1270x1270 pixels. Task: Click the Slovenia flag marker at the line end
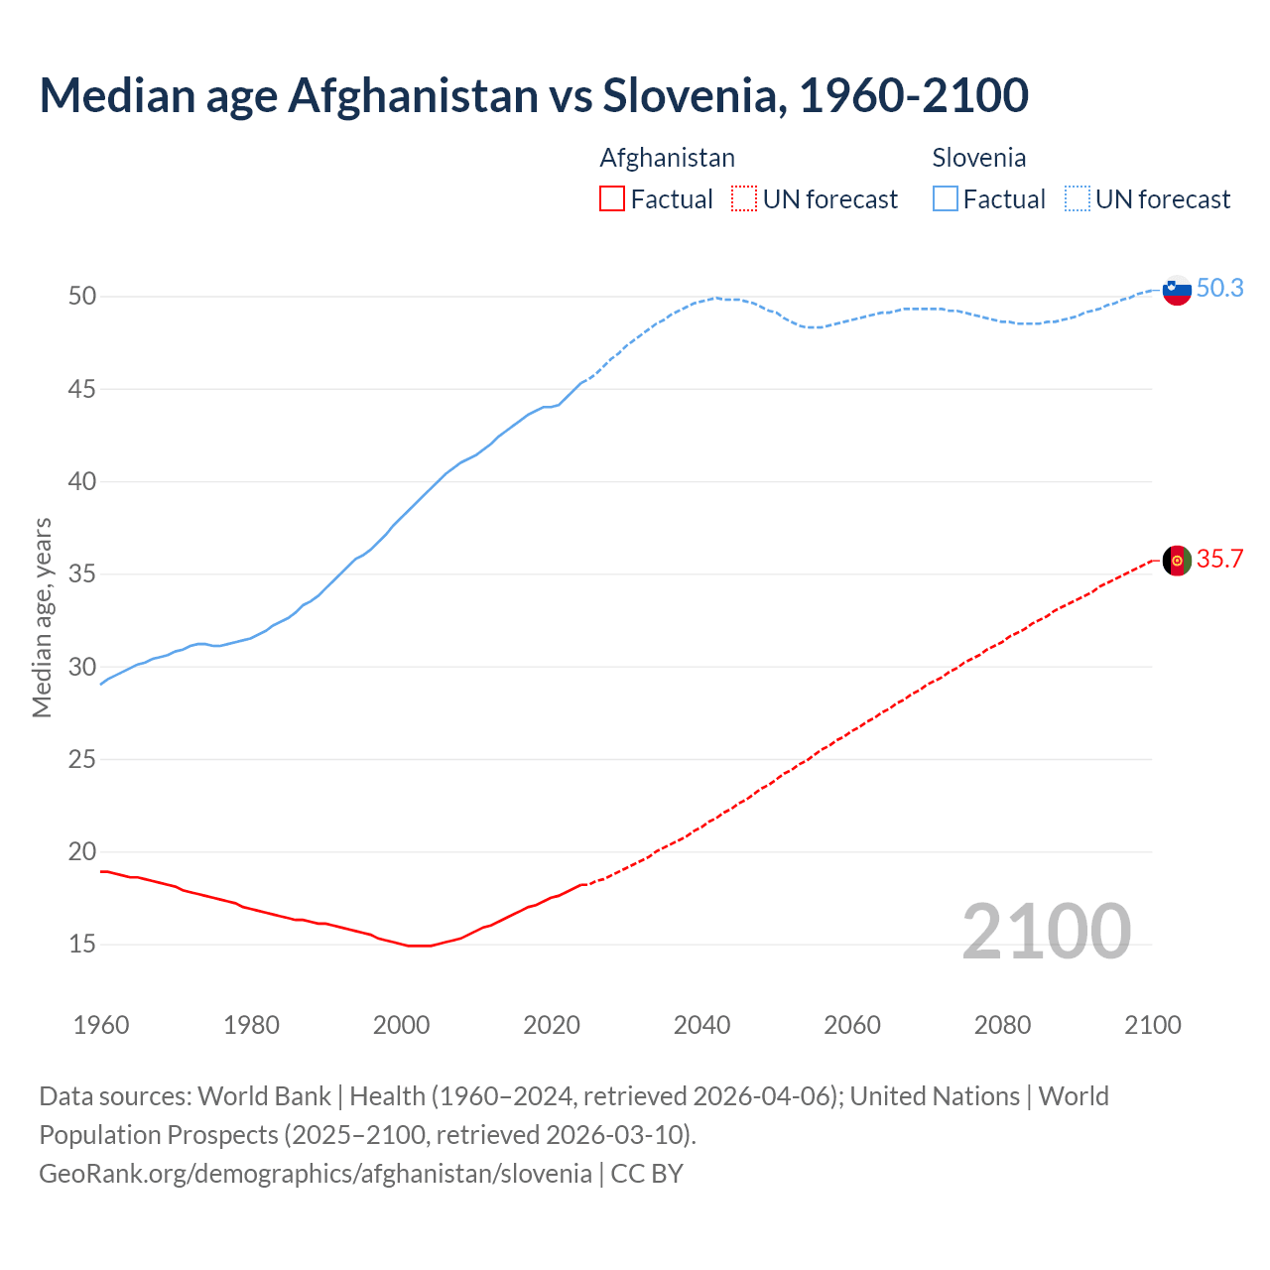click(x=1177, y=290)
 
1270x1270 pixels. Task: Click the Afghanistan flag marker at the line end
click(x=1177, y=561)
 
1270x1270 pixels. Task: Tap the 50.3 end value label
click(x=1219, y=289)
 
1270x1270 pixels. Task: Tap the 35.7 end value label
click(x=1219, y=560)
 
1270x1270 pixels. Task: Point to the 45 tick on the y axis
click(x=82, y=389)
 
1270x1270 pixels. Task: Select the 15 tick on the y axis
click(x=82, y=945)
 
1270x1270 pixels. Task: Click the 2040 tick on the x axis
click(x=701, y=1025)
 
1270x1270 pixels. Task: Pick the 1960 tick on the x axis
click(x=101, y=1025)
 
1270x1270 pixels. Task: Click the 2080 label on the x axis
click(x=1002, y=1025)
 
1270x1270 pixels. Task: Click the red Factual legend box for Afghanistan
click(x=612, y=199)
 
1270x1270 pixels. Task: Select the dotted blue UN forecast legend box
click(x=1078, y=199)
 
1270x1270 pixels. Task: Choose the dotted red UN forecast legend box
click(x=744, y=199)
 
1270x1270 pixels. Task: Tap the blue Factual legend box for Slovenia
click(x=946, y=199)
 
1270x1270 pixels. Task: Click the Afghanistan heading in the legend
click(x=668, y=158)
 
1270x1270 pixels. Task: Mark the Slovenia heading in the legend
click(x=979, y=158)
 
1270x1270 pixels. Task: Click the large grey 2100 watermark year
click(x=1046, y=931)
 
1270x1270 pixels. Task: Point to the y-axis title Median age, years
click(x=42, y=617)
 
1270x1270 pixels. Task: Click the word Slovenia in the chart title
click(x=694, y=95)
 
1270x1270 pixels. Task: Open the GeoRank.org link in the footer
click(x=315, y=1174)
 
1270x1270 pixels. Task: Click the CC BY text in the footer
click(x=647, y=1174)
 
